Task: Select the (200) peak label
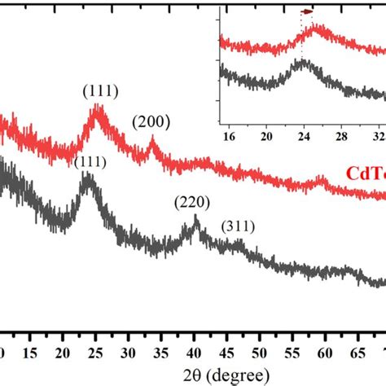pyautogui.click(x=151, y=123)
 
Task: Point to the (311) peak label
pyautogui.click(x=238, y=225)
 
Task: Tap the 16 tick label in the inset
pyautogui.click(x=229, y=134)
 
